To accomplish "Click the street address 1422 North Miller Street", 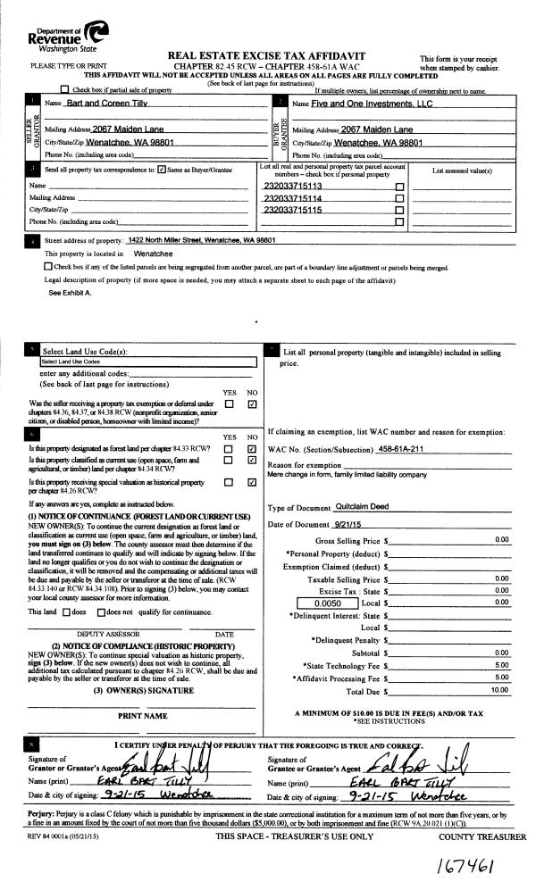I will point(201,240).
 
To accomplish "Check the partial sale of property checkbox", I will point(63,90).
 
